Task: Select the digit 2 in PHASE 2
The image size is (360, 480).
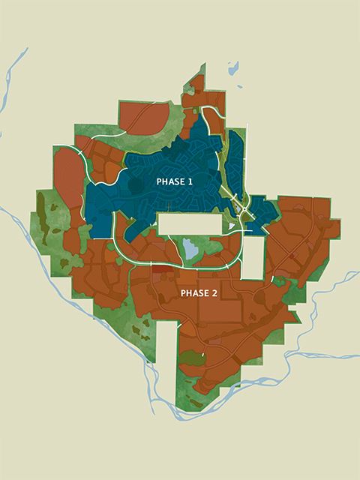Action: click(x=214, y=292)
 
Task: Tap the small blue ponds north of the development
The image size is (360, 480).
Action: click(x=233, y=70)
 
